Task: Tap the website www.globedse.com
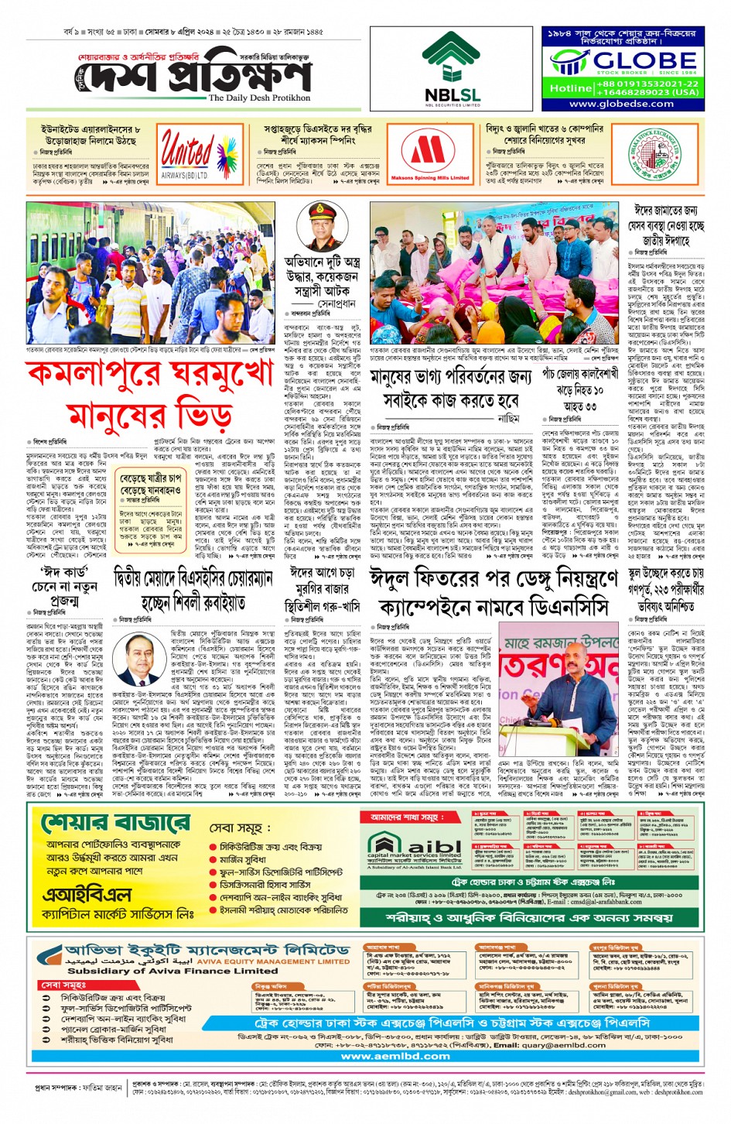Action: point(621,104)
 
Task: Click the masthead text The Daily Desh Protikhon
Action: point(259,98)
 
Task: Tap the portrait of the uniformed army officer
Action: point(324,224)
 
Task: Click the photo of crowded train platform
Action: point(150,272)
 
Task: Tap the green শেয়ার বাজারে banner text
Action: point(115,823)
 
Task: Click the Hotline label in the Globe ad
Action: point(570,88)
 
